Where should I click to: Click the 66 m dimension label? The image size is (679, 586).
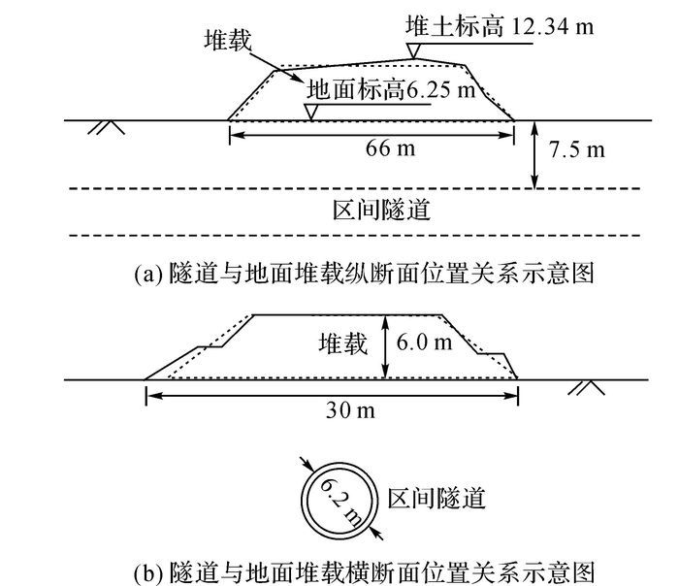[390, 148]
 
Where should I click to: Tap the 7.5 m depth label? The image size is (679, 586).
[577, 149]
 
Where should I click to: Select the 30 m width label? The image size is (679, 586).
[350, 409]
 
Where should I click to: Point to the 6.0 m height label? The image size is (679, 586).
[425, 342]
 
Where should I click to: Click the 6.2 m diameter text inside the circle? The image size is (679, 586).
[340, 503]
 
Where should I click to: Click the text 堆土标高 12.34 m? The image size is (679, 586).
[500, 26]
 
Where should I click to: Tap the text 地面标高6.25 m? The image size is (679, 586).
[391, 90]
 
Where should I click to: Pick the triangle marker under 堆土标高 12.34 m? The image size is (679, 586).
[413, 50]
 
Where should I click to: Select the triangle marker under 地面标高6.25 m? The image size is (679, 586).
[311, 112]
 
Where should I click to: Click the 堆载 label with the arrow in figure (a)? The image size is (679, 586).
[228, 41]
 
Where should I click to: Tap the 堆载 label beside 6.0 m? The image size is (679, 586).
[343, 343]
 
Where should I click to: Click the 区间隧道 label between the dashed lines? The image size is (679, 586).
[381, 211]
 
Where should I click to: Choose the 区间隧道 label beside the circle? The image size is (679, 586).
[436, 499]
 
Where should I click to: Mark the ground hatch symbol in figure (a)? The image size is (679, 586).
[107, 127]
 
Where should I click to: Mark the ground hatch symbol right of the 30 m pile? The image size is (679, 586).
[586, 388]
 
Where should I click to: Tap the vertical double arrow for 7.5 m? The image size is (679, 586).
[535, 154]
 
